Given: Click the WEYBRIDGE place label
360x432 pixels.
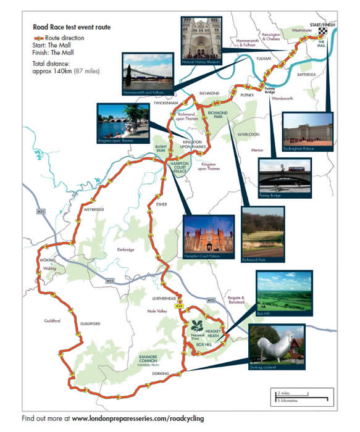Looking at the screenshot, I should pyautogui.click(x=93, y=210).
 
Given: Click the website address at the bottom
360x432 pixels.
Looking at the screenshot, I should pyautogui.click(x=138, y=419).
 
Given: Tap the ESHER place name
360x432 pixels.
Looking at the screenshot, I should pyautogui.click(x=162, y=204).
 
